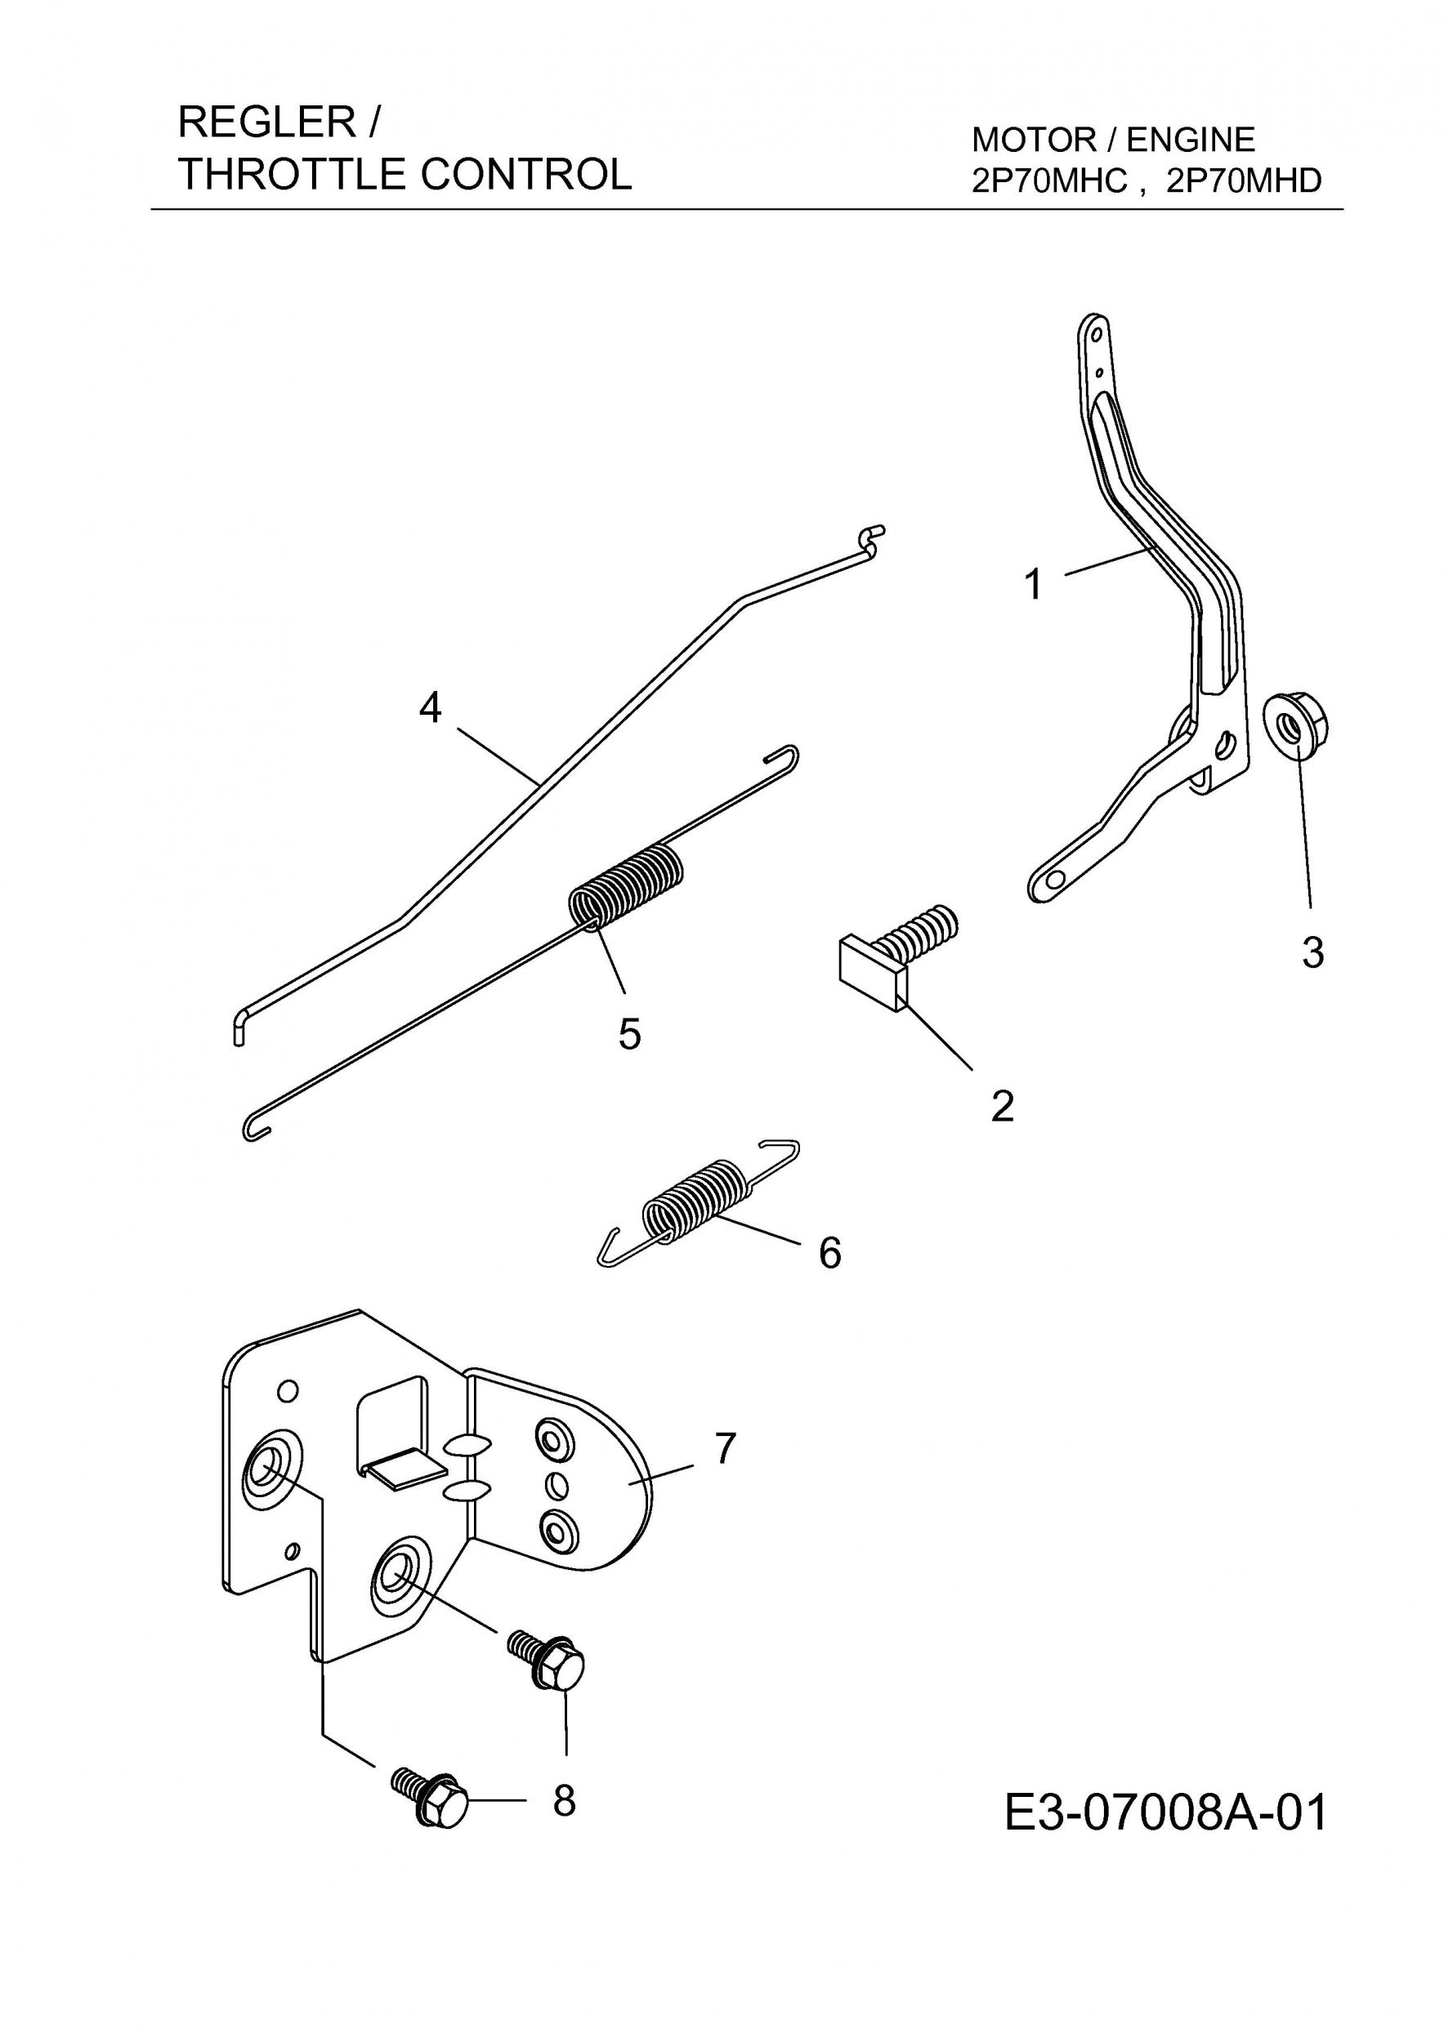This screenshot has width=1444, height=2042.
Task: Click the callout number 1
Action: [x=1032, y=585]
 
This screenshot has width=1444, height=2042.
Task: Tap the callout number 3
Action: [x=1312, y=952]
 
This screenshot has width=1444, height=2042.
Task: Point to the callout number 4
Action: [x=430, y=708]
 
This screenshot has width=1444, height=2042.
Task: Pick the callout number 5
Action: [x=629, y=1034]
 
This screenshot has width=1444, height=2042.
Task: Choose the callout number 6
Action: [x=829, y=1253]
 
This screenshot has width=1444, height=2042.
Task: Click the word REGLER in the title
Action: [x=267, y=122]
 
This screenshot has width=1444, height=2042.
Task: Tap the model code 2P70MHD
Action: [x=1244, y=181]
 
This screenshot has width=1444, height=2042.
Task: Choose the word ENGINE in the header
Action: [x=1191, y=140]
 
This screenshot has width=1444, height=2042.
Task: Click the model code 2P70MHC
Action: [x=1050, y=181]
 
